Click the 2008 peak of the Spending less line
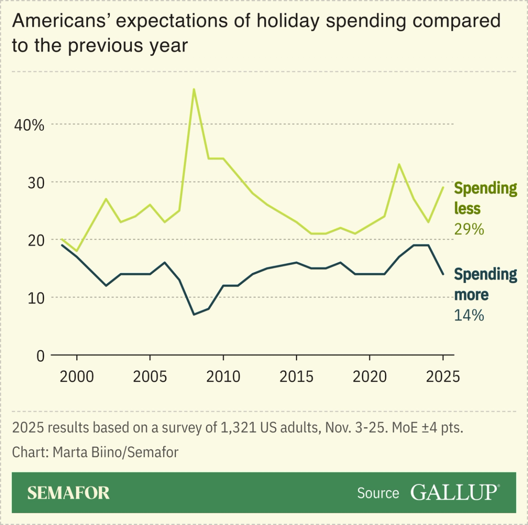coord(194,89)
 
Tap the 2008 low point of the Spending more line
coord(194,314)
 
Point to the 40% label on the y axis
coord(29,125)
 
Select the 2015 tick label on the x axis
coord(297,377)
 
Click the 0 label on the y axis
coord(40,356)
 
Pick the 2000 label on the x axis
coord(77,377)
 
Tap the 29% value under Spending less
coord(469,229)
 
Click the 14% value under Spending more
coord(469,315)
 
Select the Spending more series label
coord(485,284)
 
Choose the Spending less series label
coord(485,198)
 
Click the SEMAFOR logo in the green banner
coord(68,493)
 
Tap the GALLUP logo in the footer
coord(454,492)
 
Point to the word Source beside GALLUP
coord(378,493)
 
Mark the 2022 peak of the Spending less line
coord(399,164)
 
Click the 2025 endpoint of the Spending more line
coord(443,274)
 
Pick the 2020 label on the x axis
coord(369,377)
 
